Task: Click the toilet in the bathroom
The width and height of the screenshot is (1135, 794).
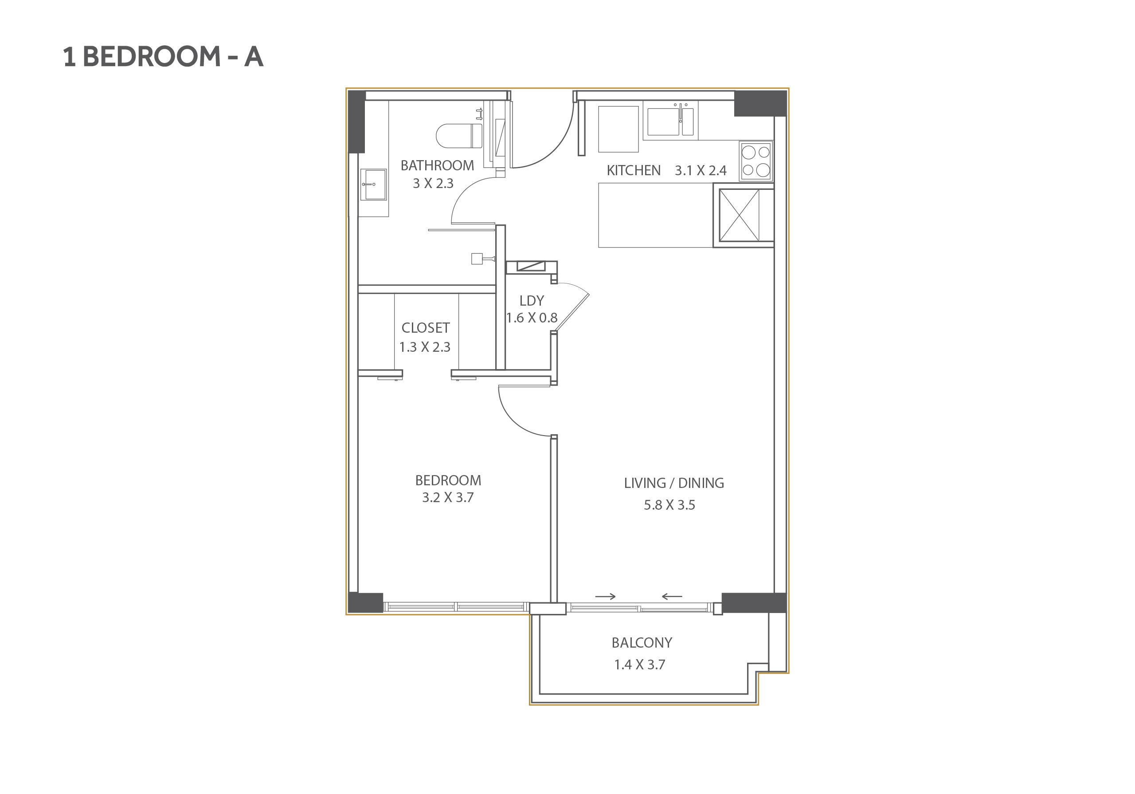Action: point(459,136)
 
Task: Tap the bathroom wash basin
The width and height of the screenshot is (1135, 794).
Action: point(373,185)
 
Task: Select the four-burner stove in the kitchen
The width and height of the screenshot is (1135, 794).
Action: point(756,161)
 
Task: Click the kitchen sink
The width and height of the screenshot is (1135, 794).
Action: point(670,121)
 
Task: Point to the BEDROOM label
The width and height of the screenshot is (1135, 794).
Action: point(448,480)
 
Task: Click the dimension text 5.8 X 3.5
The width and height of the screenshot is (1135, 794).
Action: point(669,505)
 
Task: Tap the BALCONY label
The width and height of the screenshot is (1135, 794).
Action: point(642,643)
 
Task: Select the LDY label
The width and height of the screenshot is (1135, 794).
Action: point(532,301)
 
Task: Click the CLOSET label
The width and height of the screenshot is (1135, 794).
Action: point(426,328)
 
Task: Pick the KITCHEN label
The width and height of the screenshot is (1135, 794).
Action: point(633,171)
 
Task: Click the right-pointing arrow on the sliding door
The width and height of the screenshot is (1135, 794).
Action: point(605,597)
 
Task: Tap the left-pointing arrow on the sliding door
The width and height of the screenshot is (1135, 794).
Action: point(672,597)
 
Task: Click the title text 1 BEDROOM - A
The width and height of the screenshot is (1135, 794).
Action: point(163,56)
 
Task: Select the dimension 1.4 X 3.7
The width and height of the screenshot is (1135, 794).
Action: point(640,664)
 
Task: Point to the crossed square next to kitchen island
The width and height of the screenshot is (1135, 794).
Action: point(739,215)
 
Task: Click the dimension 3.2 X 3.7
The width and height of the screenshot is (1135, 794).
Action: point(447,498)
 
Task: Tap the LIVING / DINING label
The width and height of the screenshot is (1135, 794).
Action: point(674,483)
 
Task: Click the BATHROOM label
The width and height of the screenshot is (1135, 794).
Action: point(437,165)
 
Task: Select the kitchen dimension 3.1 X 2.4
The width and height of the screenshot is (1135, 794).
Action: point(701,171)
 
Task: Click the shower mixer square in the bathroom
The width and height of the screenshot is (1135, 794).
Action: point(477,259)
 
